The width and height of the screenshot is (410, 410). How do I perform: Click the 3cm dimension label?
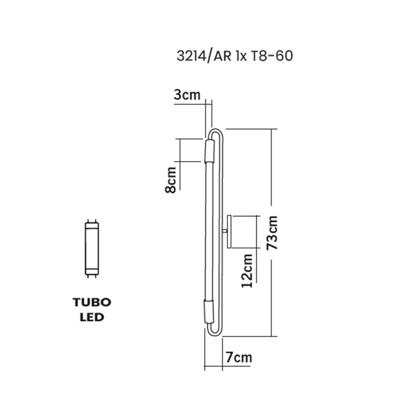[187, 95]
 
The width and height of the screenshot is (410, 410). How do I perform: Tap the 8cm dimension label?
[170, 180]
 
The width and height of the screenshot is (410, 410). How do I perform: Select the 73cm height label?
[272, 233]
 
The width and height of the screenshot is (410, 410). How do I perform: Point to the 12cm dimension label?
[247, 271]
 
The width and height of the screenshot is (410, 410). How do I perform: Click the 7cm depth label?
[239, 358]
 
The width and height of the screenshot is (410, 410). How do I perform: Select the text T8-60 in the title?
[272, 56]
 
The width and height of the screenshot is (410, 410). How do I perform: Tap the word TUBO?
[92, 303]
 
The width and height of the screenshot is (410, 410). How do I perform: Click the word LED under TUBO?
[92, 317]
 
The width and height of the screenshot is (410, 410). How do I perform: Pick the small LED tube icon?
[92, 248]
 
